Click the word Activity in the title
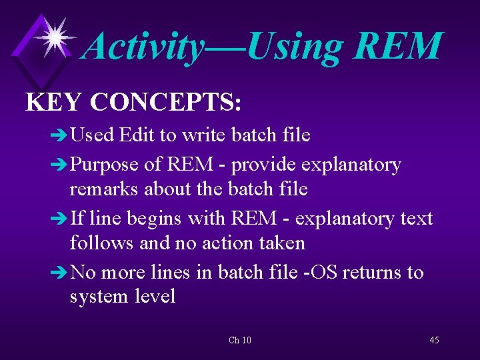click(145, 47)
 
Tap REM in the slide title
click(398, 47)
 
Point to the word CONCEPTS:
click(165, 102)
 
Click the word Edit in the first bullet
click(137, 135)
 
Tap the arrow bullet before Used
click(59, 136)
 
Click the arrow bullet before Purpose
click(59, 165)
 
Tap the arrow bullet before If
click(59, 219)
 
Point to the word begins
click(158, 219)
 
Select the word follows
click(103, 243)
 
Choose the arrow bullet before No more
click(59, 273)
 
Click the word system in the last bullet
click(101, 297)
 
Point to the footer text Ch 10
click(240, 341)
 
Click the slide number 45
click(434, 341)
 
